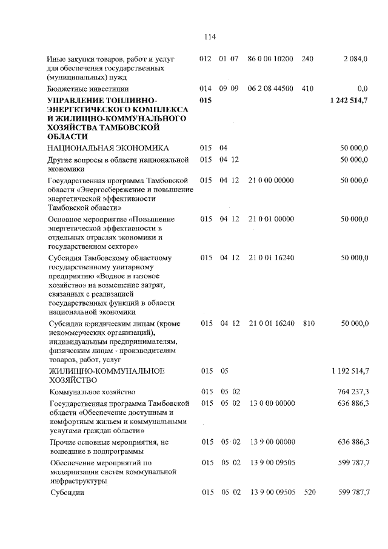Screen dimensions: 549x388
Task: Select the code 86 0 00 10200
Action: coord(270,59)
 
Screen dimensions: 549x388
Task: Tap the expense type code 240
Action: coord(307,59)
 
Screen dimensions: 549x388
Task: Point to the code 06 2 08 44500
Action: coord(270,89)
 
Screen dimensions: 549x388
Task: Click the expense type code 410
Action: coord(307,89)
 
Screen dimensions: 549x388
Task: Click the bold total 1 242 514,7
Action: coord(349,99)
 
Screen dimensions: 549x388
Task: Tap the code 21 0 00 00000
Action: coord(270,180)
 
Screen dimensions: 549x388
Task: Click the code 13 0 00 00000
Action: coord(270,403)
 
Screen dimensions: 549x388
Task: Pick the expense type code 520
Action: coord(307,492)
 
